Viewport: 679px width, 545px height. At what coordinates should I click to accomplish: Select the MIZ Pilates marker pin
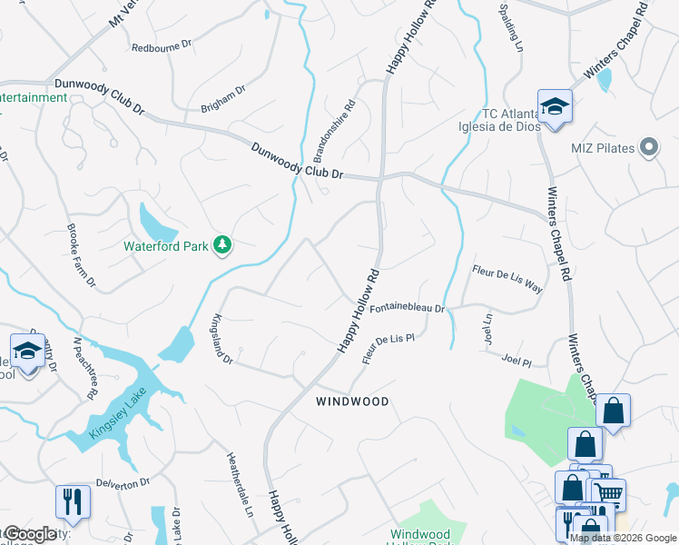tap(648, 147)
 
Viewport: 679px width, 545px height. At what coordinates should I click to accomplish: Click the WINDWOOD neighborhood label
tap(352, 401)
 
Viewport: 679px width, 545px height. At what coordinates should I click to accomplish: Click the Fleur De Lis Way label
tap(507, 278)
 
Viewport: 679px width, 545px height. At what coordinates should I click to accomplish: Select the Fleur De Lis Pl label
tap(389, 348)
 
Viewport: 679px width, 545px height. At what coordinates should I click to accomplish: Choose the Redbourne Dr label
tap(162, 47)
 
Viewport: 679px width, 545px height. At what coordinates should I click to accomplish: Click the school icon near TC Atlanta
tap(553, 106)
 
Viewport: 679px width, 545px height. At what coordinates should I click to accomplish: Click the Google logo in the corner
tap(29, 534)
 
